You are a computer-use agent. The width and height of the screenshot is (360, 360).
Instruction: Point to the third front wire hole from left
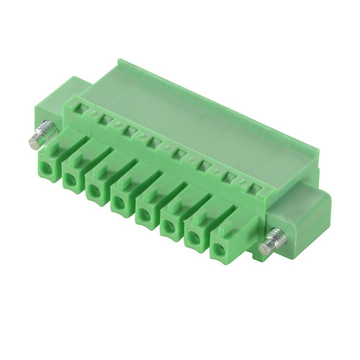pos(95,192)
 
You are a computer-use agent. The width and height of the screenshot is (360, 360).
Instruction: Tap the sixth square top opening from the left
pos(205,167)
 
